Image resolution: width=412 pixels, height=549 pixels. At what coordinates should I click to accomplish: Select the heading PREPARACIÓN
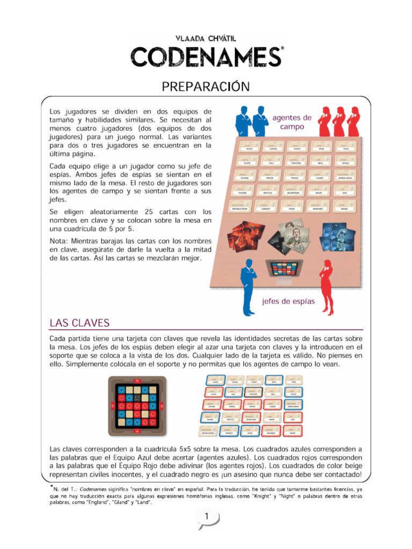coord(207,86)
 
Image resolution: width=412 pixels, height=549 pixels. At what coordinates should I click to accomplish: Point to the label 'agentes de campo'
coord(292,122)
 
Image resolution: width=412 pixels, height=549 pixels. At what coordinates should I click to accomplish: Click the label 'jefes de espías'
coord(288,301)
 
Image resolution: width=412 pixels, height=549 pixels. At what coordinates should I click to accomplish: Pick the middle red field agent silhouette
coord(339,122)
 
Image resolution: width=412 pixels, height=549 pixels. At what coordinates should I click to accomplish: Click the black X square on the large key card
coord(137,398)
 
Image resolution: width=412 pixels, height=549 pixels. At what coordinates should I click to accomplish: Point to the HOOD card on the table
coord(249,147)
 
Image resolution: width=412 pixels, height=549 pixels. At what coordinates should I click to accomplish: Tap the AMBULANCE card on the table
coord(345,177)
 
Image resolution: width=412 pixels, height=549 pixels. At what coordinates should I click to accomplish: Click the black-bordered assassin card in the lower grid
coord(253,393)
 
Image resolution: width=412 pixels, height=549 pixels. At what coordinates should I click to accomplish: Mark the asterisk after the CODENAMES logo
coord(282,49)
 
